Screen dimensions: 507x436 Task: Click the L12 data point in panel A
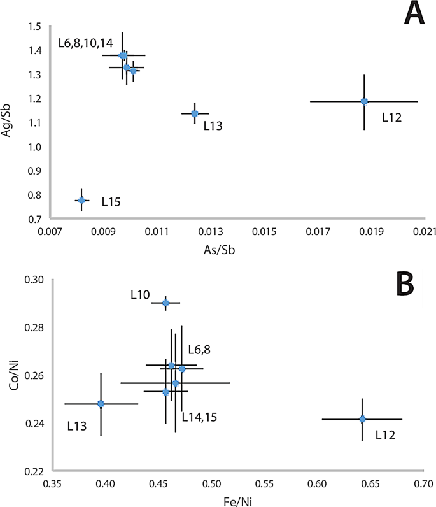tap(364, 101)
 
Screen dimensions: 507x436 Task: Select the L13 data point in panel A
tap(195, 113)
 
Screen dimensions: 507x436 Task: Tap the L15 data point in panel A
tap(81, 200)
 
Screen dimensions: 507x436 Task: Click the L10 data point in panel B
tap(165, 303)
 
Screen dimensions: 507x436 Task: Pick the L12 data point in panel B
tap(362, 419)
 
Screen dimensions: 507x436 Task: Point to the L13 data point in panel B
tap(101, 404)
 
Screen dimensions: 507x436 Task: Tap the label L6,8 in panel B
tap(200, 349)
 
